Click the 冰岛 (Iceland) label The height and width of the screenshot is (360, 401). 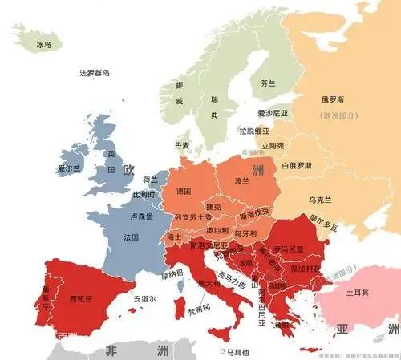(43, 46)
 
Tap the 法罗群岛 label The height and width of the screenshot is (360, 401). (95, 73)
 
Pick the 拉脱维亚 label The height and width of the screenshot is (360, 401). (254, 130)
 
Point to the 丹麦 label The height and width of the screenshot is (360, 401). (182, 145)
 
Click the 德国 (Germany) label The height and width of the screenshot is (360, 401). (184, 191)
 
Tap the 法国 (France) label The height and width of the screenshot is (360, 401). (132, 238)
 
